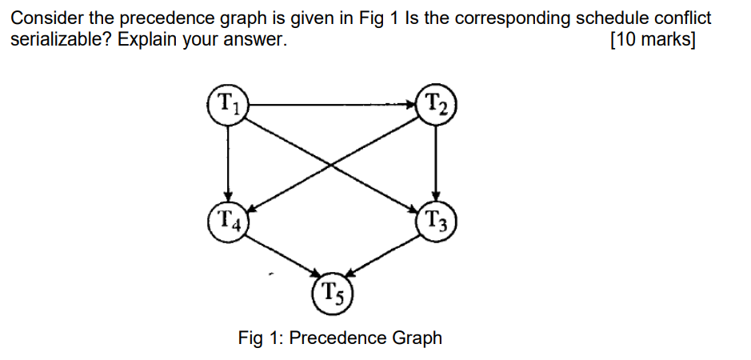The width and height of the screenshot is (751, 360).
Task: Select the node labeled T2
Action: [x=436, y=103]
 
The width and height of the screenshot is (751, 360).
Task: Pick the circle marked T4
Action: [x=229, y=218]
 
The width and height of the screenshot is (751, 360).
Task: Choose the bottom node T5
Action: [x=332, y=293]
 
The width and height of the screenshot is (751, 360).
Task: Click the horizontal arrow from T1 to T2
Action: [x=332, y=103]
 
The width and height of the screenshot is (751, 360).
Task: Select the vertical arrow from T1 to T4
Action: [x=229, y=160]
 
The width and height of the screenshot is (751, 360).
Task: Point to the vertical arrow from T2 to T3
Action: [x=436, y=160]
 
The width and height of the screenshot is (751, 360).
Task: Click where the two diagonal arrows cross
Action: [x=332, y=164]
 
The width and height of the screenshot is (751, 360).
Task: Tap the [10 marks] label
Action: [x=652, y=39]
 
